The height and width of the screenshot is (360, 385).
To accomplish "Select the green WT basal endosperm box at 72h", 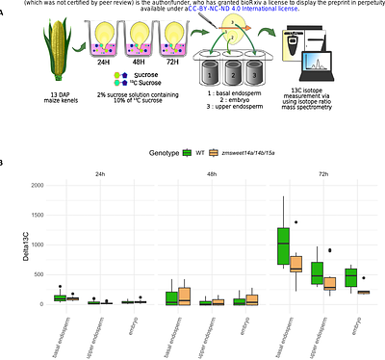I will click(x=284, y=247).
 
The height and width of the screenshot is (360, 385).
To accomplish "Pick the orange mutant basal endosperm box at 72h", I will click(x=295, y=264).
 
